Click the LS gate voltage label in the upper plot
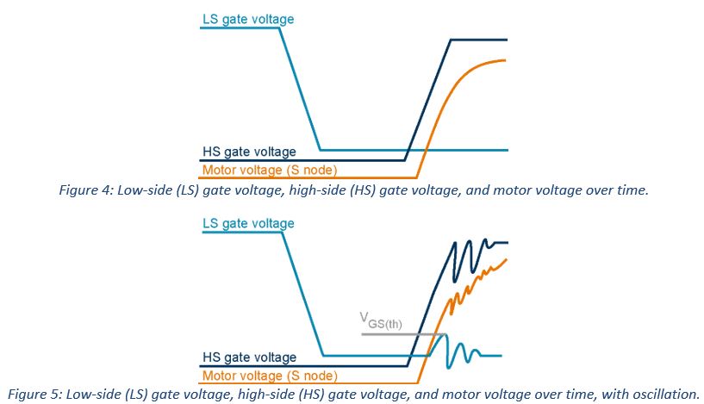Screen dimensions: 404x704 point(247,18)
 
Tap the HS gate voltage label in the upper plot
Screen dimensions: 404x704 point(249,152)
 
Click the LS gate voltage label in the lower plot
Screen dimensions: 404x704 point(247,224)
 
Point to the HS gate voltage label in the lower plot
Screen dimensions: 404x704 point(249,357)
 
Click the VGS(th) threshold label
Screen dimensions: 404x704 point(380,323)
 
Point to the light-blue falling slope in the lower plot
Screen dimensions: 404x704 point(301,290)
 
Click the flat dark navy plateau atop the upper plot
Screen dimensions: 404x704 point(479,40)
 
